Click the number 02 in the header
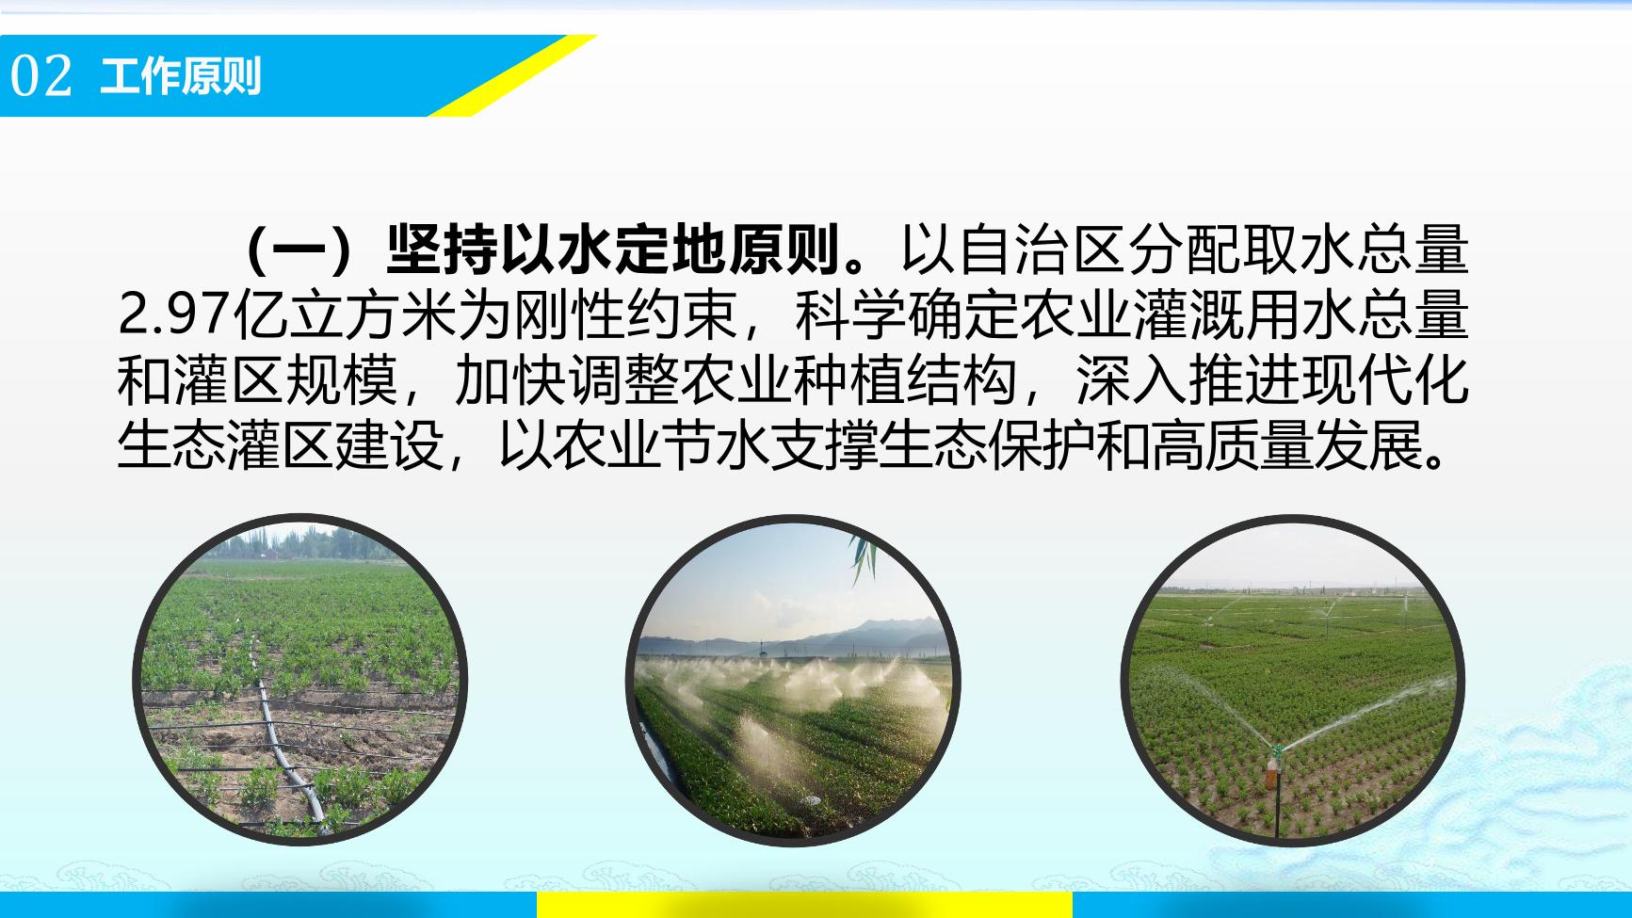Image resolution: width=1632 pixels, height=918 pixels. pyautogui.click(x=40, y=76)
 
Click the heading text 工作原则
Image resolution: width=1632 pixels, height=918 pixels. pyautogui.click(x=181, y=76)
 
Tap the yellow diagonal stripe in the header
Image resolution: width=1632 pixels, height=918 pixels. pyautogui.click(x=512, y=75)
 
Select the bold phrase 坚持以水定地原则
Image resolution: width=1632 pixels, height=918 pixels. pyautogui.click(x=613, y=250)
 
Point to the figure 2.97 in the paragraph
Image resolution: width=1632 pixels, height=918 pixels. pyautogui.click(x=175, y=314)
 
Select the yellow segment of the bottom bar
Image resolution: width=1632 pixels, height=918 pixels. pyautogui.click(x=804, y=905)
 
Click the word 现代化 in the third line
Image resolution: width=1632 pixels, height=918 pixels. pyautogui.click(x=1384, y=379)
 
